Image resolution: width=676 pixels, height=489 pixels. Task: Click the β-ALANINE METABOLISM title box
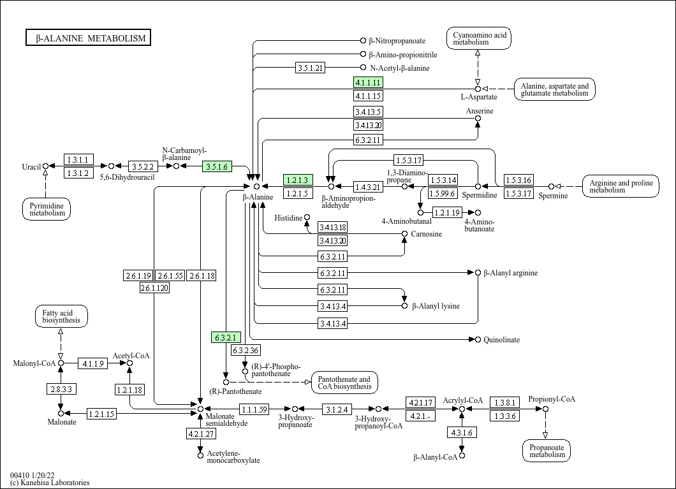pyautogui.click(x=88, y=38)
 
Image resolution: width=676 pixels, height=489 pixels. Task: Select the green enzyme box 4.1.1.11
pyautogui.click(x=368, y=82)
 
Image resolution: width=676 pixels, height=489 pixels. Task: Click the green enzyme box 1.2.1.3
pyautogui.click(x=298, y=180)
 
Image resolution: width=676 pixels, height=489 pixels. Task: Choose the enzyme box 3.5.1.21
pyautogui.click(x=311, y=68)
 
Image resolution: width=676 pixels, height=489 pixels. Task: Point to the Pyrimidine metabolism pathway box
pyautogui.click(x=46, y=208)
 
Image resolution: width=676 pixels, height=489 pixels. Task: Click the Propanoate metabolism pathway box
pyautogui.click(x=547, y=450)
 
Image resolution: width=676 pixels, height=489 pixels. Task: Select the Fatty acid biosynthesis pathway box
pyautogui.click(x=61, y=316)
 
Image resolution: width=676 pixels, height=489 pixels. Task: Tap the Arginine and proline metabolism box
pyautogui.click(x=621, y=186)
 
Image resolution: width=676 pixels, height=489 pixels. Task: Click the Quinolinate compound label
pyautogui.click(x=501, y=340)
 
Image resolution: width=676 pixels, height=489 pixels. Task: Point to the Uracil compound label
pyautogui.click(x=31, y=167)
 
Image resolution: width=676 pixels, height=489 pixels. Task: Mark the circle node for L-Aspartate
pyautogui.click(x=478, y=89)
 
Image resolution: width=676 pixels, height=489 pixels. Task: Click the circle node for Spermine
pyautogui.click(x=552, y=187)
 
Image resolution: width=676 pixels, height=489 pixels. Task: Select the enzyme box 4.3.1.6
pyautogui.click(x=462, y=432)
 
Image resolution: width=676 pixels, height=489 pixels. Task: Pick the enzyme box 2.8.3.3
pyautogui.click(x=61, y=388)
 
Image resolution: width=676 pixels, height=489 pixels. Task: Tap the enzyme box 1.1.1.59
pyautogui.click(x=254, y=409)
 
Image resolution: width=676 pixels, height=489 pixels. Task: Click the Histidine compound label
pyautogui.click(x=288, y=218)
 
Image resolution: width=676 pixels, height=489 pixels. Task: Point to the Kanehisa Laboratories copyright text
pyautogui.click(x=50, y=483)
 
